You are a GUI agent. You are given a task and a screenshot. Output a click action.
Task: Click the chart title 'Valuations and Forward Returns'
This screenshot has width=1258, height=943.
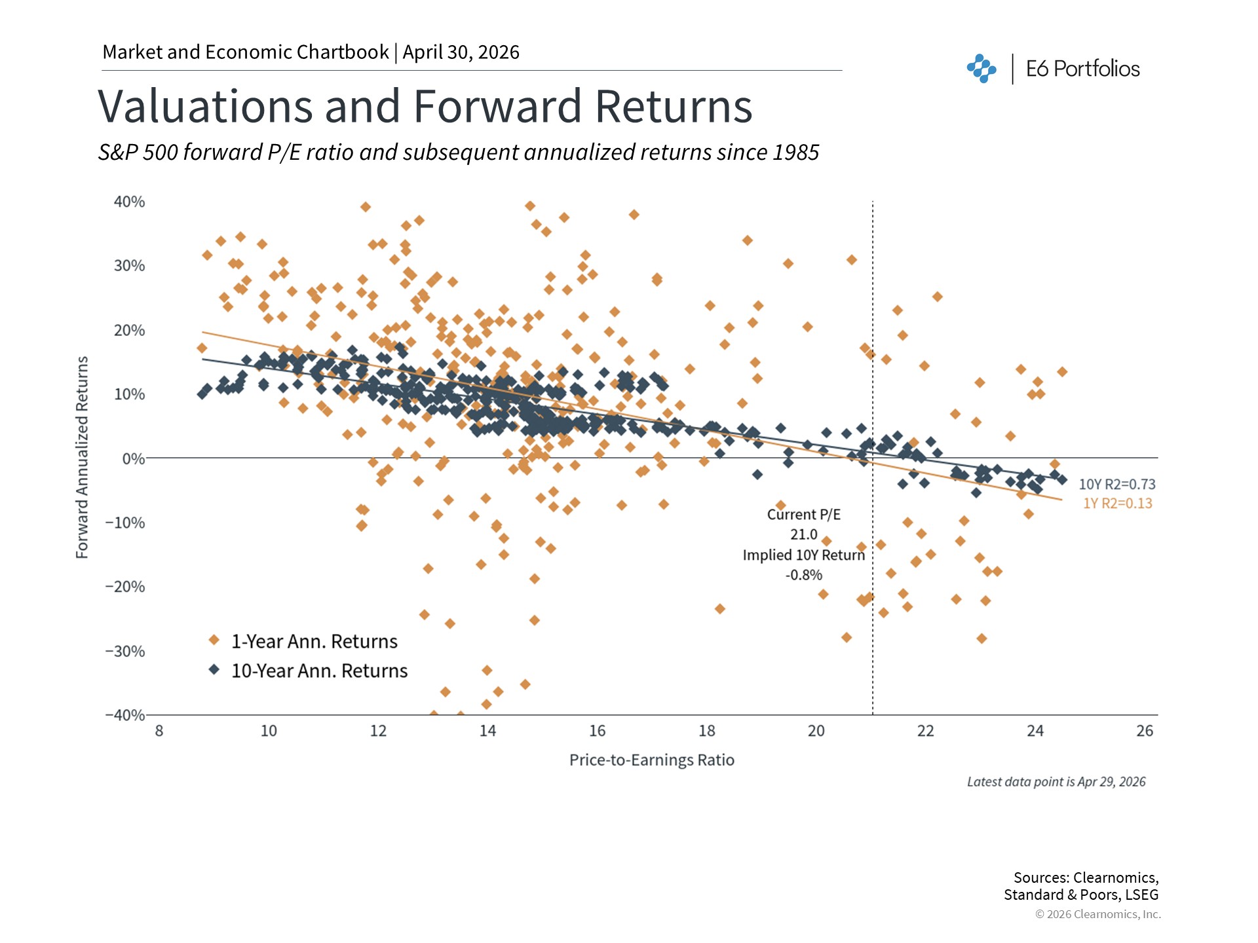(425, 106)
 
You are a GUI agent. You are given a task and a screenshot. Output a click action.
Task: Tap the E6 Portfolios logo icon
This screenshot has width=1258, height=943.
(981, 69)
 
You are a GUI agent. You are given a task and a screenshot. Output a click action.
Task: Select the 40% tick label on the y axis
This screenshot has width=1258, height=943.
(129, 202)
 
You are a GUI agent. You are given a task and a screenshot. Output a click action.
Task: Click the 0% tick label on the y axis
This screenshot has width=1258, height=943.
(134, 459)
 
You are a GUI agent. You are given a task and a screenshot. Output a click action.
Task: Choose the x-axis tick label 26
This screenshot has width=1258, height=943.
(1144, 731)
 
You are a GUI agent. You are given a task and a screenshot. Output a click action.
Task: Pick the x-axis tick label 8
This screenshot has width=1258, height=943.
(159, 731)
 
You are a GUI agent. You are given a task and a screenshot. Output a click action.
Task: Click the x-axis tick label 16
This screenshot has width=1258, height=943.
(597, 731)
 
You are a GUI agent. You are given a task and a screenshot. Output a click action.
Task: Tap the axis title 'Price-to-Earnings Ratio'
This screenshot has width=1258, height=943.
(651, 760)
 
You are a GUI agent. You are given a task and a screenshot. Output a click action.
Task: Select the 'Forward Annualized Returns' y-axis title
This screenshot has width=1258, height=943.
(82, 457)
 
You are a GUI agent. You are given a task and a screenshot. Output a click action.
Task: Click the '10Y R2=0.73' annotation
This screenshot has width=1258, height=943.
(1117, 485)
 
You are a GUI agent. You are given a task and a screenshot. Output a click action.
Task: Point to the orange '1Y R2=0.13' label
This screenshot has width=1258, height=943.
(1117, 504)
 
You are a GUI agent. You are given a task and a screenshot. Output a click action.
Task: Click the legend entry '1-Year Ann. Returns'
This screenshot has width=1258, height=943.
(314, 642)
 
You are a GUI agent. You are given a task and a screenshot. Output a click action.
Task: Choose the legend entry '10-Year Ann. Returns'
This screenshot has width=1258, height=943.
(319, 671)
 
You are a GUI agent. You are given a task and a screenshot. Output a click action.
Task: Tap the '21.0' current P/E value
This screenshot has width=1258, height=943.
(803, 535)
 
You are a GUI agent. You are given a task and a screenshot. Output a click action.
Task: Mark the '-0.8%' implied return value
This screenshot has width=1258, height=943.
(803, 575)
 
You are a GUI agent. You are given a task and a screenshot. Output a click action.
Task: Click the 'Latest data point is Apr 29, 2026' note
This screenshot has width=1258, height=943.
(1056, 782)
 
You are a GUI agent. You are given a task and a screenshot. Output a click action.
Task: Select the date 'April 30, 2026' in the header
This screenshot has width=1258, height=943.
(461, 52)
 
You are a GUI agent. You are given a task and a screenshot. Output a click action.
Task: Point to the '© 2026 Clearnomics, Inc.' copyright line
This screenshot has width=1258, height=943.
(1097, 914)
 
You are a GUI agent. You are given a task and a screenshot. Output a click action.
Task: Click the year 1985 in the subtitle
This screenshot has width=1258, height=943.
(795, 153)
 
